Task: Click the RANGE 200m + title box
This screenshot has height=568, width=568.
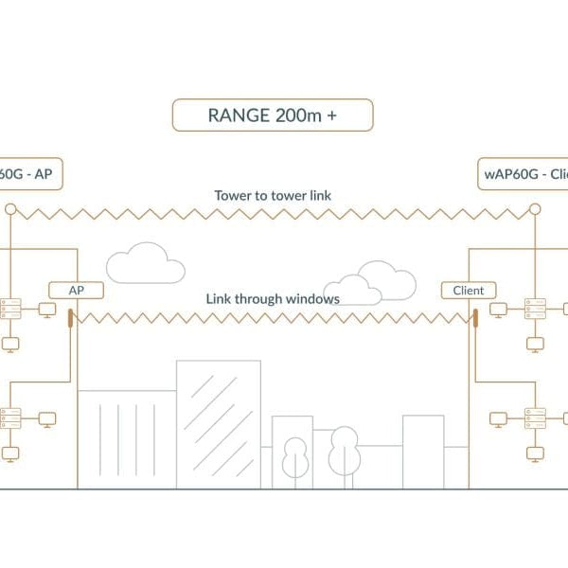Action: [x=273, y=115]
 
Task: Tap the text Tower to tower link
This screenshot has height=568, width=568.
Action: [x=273, y=196]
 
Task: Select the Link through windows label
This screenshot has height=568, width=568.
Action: [x=273, y=298]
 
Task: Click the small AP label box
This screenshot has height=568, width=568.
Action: [x=75, y=291]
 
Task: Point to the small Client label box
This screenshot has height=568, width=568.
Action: [x=469, y=291]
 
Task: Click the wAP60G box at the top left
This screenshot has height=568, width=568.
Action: [x=28, y=174]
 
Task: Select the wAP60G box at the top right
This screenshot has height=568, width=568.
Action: [x=523, y=174]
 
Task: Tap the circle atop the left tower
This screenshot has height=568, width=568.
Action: [x=10, y=208]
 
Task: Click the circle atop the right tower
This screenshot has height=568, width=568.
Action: [x=535, y=208]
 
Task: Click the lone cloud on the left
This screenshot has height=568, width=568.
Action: [x=145, y=263]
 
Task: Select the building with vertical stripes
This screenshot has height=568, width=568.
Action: [x=126, y=438]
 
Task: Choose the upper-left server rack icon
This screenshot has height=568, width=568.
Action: [x=10, y=309]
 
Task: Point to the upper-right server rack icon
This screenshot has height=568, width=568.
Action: [x=535, y=309]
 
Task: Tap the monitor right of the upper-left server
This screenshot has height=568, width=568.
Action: [x=44, y=309]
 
